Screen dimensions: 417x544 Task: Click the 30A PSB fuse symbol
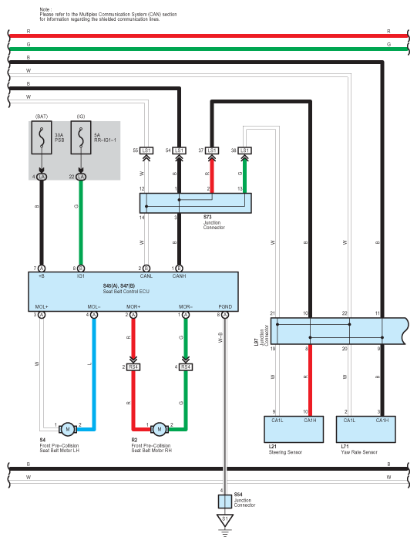(42, 137)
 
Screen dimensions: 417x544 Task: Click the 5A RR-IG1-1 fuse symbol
(81, 137)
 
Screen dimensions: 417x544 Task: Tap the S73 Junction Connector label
(214, 222)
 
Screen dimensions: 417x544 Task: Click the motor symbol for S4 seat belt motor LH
(68, 429)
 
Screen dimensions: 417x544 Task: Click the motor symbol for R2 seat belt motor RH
(160, 429)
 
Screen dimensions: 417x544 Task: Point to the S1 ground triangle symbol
(225, 520)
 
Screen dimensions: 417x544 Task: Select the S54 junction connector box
(225, 502)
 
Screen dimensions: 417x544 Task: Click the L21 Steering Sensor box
(294, 429)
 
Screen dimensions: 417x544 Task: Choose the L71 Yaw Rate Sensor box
(366, 429)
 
